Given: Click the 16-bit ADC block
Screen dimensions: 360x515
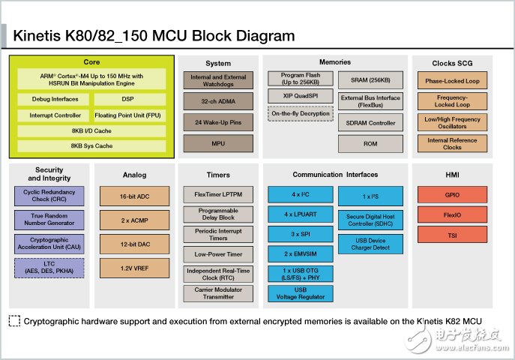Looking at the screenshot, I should tap(134, 197).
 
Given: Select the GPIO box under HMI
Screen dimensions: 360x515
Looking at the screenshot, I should tap(452, 194).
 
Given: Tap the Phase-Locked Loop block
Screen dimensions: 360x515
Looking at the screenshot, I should tap(452, 81).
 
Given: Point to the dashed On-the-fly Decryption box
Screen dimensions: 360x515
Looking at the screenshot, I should tap(301, 114).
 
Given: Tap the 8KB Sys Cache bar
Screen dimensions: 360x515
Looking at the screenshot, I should tap(91, 145).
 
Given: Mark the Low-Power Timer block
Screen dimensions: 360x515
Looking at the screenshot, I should tap(218, 254).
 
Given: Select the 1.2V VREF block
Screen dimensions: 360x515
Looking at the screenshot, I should tap(134, 267).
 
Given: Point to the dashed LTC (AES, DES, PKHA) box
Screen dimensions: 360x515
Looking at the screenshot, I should tap(49, 267).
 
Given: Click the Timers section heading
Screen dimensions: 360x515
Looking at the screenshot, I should tap(218, 175).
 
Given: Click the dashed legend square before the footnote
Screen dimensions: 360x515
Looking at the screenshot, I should tap(14, 320).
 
